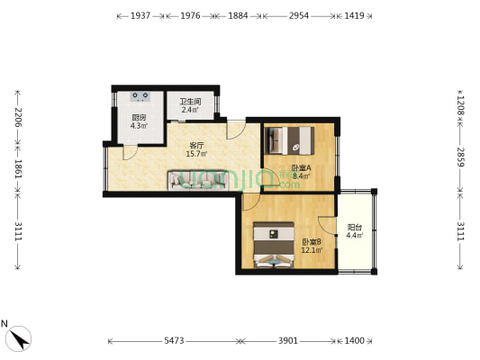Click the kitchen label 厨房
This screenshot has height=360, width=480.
[138, 118]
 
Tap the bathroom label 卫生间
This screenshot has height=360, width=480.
[190, 102]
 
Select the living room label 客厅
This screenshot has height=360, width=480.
[197, 145]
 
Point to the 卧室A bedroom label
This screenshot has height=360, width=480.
[301, 167]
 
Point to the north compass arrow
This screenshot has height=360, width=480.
[18, 337]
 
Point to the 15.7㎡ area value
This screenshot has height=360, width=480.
[197, 154]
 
